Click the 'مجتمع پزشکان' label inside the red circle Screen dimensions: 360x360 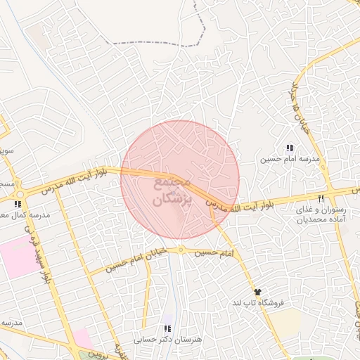coord(172,191)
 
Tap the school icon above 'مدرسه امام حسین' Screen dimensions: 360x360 coord(289,148)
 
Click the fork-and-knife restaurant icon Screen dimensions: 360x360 coord(321,198)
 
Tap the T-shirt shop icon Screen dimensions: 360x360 coord(257,291)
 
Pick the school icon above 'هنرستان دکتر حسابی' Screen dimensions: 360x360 coord(167,328)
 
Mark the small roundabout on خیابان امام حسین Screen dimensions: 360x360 coord(181,250)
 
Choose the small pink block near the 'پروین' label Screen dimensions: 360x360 coord(81,338)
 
